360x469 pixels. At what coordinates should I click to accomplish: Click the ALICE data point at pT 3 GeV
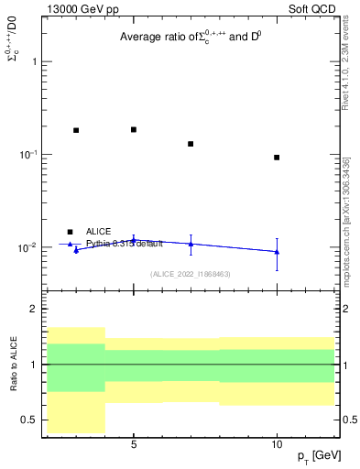76,130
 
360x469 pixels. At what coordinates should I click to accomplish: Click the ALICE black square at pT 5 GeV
134,129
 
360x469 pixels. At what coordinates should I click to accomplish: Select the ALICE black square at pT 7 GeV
191,144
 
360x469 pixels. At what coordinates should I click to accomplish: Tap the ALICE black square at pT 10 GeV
277,158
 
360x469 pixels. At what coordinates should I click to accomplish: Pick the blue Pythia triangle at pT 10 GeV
277,251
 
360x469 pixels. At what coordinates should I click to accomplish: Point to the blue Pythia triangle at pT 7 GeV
191,243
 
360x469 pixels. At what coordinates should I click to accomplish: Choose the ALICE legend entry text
99,232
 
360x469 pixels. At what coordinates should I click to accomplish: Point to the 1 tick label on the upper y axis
34,61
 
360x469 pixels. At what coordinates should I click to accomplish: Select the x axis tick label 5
134,444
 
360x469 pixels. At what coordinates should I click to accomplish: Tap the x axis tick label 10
277,444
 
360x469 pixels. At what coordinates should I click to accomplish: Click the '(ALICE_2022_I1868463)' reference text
190,274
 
